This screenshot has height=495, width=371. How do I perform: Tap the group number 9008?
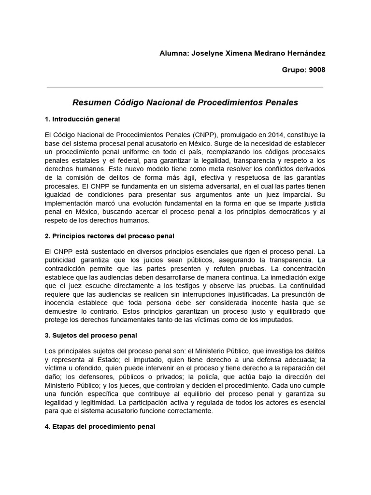[315, 70]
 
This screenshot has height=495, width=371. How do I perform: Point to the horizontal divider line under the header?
[185, 87]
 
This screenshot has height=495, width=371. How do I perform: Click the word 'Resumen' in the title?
[90, 103]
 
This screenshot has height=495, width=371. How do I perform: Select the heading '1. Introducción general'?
[82, 119]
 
